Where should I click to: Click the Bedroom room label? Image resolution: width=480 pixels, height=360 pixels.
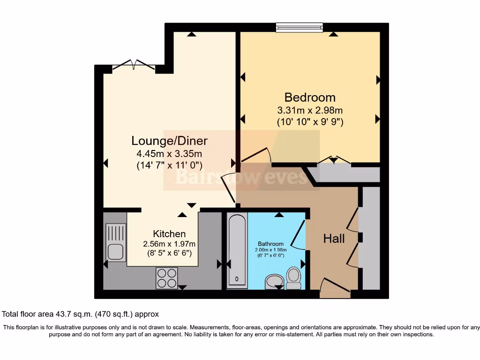pyautogui.click(x=310, y=97)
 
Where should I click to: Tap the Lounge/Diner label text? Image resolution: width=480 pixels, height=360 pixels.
pyautogui.click(x=169, y=141)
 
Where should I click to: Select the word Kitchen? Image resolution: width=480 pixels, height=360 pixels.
pyautogui.click(x=169, y=233)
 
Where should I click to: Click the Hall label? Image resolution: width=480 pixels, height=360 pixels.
pyautogui.click(x=334, y=239)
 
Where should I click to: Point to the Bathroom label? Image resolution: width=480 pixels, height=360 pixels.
pyautogui.click(x=270, y=244)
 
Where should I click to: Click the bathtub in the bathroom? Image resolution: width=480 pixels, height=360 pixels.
pyautogui.click(x=237, y=251)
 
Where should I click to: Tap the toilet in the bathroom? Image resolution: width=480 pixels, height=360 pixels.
pyautogui.click(x=294, y=278)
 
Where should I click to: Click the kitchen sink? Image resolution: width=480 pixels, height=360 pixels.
pyautogui.click(x=116, y=242)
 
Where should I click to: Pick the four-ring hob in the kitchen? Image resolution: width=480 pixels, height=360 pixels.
pyautogui.click(x=166, y=278)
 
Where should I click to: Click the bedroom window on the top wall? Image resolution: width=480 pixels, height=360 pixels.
pyautogui.click(x=300, y=28)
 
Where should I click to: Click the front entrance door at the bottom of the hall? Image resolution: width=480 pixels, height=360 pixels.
pyautogui.click(x=334, y=286)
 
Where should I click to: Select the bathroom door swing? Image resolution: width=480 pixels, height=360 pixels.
pyautogui.click(x=299, y=234)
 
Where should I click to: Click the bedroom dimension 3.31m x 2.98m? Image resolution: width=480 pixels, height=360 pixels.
pyautogui.click(x=310, y=111)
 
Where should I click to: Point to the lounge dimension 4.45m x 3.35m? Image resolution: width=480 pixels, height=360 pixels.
pyautogui.click(x=169, y=153)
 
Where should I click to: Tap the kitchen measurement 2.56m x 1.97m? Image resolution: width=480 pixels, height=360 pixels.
pyautogui.click(x=169, y=244)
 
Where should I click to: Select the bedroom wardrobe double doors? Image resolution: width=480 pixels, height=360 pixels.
pyautogui.click(x=333, y=160)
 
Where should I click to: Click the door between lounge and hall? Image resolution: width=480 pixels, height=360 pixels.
pyautogui.click(x=229, y=187)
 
